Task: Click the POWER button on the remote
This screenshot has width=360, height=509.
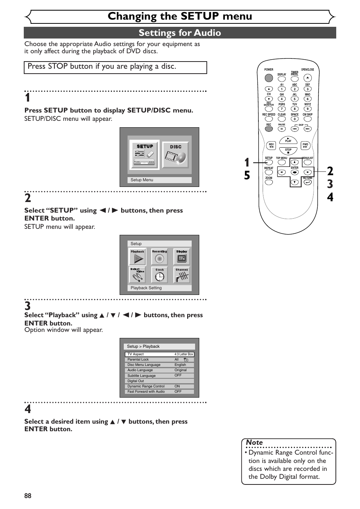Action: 269,78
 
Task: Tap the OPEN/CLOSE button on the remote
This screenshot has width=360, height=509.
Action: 308,78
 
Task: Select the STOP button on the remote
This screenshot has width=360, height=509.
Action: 288,151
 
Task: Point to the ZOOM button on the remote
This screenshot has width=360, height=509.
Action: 269,182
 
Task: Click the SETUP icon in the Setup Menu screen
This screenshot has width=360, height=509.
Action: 145,155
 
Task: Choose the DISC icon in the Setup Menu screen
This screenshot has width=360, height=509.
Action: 176,155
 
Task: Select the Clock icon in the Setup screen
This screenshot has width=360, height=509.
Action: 160,275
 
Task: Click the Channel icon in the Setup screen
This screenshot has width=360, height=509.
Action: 182,275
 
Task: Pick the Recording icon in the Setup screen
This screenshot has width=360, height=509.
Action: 160,257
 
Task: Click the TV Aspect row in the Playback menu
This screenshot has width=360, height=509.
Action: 159,354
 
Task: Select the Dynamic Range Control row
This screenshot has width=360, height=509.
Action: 159,386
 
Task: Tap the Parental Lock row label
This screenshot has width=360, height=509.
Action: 138,359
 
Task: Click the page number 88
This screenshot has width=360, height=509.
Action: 28,496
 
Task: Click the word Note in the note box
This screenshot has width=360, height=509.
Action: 254,443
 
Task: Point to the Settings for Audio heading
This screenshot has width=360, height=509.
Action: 180,33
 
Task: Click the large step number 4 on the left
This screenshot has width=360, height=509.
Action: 28,409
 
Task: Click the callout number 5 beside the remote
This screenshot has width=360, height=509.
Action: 247,176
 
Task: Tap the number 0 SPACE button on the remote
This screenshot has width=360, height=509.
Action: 295,119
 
